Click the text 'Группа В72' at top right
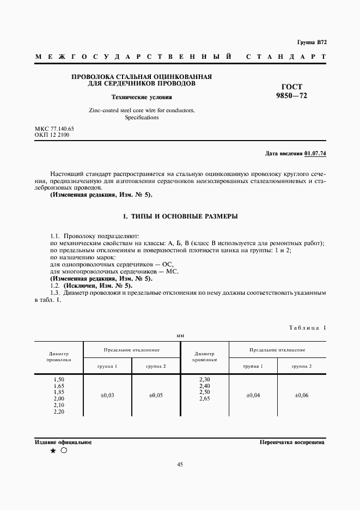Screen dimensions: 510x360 tap(312, 42)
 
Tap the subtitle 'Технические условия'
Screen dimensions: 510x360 tap(142, 98)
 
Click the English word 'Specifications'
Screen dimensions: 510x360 tap(142, 117)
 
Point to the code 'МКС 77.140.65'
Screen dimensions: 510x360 tap(54, 129)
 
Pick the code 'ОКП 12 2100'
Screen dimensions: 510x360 tap(52, 135)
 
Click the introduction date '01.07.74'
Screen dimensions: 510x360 tap(315, 154)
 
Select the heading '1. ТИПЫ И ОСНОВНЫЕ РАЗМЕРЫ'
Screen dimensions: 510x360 tap(180, 217)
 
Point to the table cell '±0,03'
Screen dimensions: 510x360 tap(108, 395)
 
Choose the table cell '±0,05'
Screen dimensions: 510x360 tap(156, 395)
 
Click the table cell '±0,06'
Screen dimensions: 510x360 tap(301, 395)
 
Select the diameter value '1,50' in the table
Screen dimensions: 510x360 tap(59, 379)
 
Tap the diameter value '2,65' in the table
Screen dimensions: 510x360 tap(205, 399)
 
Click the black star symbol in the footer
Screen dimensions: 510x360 tap(53, 451)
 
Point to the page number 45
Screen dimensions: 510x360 tap(180, 465)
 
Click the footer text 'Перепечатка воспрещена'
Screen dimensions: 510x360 tap(292, 442)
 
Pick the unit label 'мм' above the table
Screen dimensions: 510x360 tap(180, 336)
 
